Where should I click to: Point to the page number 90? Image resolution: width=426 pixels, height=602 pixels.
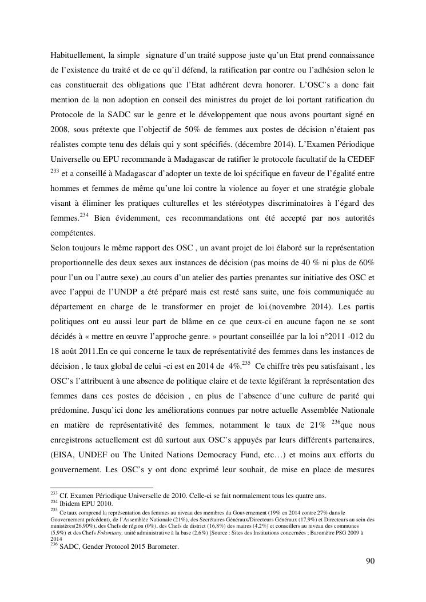point(370,561)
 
